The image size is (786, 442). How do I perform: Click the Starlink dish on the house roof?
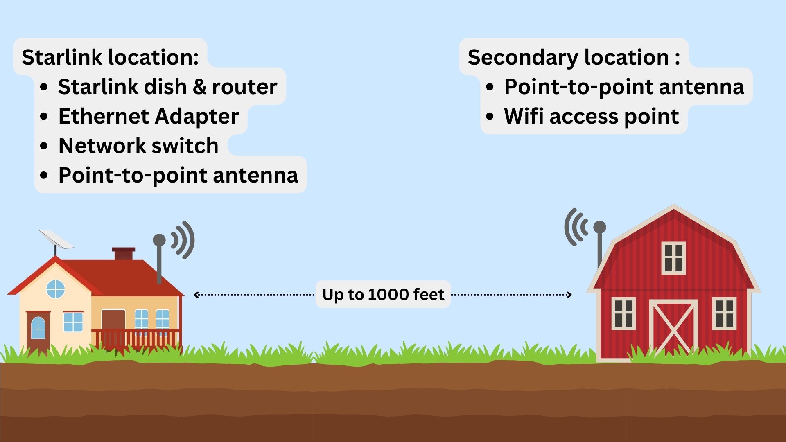coord(56,239)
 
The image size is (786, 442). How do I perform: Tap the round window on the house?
coord(56,289)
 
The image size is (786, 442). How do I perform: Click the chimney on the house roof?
coord(123,254)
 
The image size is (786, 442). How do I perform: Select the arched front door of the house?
coord(38,329)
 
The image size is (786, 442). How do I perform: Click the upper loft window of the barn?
coord(673,258)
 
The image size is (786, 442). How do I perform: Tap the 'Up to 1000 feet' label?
coord(383,294)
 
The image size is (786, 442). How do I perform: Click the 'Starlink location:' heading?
coord(110,57)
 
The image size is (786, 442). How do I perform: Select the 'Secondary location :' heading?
coord(574,57)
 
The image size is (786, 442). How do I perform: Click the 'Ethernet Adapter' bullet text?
coord(148,116)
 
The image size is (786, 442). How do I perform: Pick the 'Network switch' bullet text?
coord(138,146)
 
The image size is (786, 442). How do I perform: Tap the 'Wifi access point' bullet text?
coord(591,116)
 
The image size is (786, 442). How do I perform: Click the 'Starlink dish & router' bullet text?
coord(167,87)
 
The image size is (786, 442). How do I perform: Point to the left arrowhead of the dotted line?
coord(196,295)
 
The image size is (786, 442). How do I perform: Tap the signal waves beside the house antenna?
coord(183,240)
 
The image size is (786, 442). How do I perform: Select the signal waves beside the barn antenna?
coord(575,227)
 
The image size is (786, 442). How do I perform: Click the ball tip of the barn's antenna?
coord(599,227)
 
